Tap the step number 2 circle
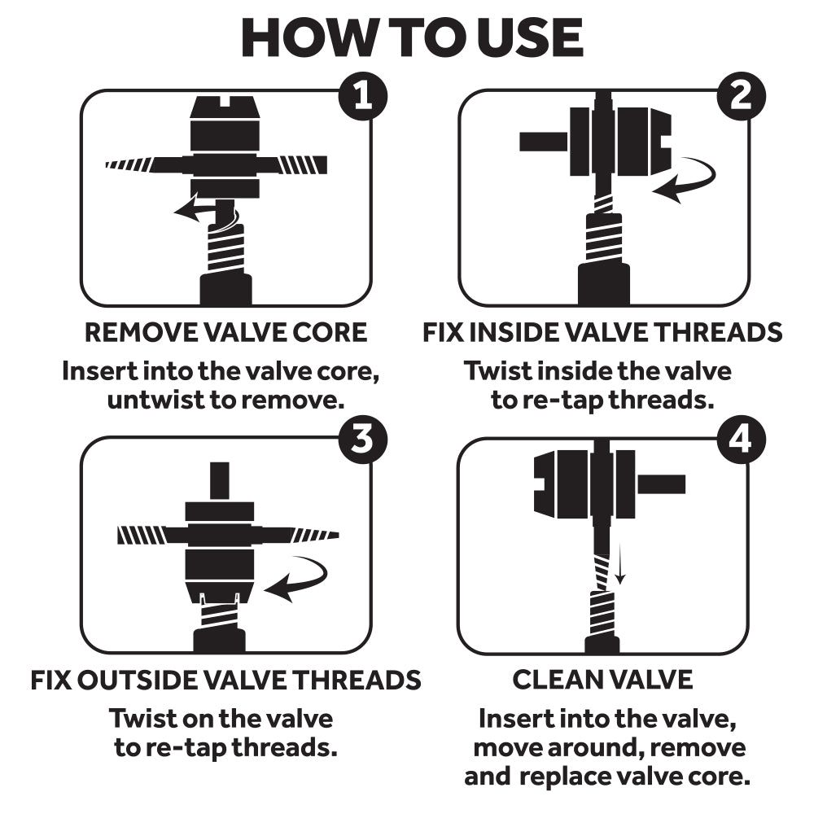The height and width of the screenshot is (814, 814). coord(741,97)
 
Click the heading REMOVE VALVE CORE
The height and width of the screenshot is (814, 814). coord(226,332)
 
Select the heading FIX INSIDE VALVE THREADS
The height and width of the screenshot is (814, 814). coord(602,332)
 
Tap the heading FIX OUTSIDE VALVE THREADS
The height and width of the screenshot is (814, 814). coord(225,679)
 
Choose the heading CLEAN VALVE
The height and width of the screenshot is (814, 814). coord(602,679)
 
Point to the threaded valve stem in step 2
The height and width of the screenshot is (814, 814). coord(603,236)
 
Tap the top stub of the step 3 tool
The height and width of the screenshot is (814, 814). coord(220,480)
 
